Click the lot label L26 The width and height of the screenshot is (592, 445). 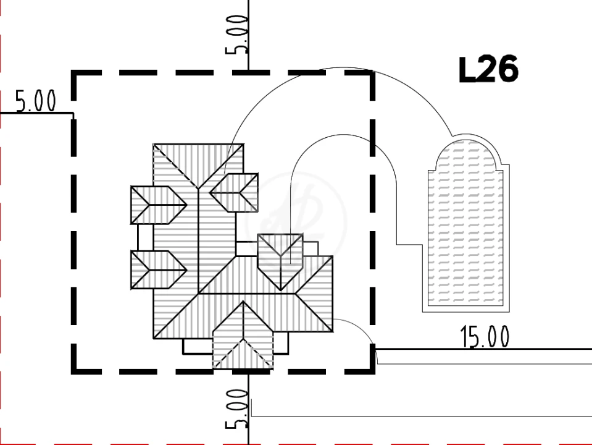[488, 70]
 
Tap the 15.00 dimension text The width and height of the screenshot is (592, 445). [485, 337]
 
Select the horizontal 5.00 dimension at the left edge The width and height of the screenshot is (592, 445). [35, 101]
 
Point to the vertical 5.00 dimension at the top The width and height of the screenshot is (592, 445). [236, 35]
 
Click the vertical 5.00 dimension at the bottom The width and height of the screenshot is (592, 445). [236, 409]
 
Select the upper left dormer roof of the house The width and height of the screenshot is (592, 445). [159, 205]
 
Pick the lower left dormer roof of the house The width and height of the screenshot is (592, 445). [159, 270]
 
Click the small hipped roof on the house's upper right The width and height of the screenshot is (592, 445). [234, 193]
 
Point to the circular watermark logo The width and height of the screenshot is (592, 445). [296, 221]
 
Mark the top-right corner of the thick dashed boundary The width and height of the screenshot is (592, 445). [373, 72]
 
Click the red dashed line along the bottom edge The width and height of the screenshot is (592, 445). [296, 444]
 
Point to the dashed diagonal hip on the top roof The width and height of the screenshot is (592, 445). [176, 166]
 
